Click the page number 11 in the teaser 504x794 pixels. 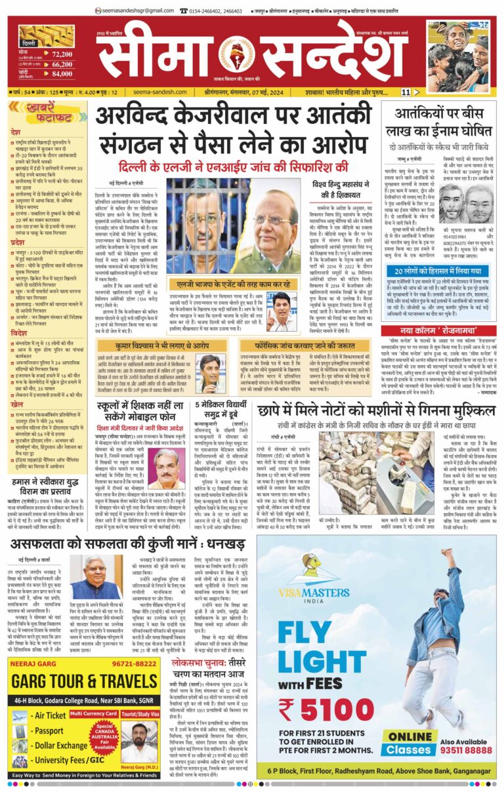[x=406, y=92]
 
